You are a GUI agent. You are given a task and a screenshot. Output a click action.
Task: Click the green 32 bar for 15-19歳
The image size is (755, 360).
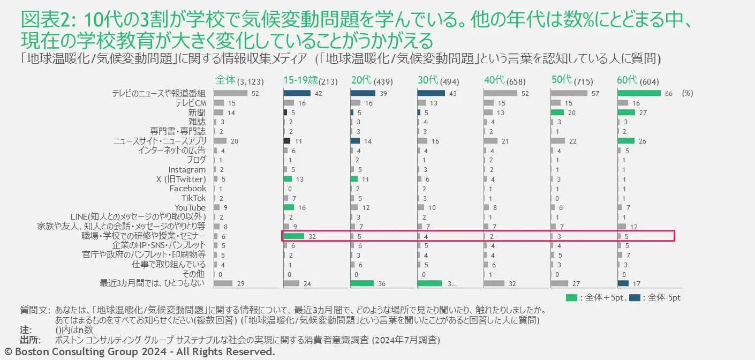293,236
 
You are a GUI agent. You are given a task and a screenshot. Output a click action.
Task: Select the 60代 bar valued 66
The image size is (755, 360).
639,93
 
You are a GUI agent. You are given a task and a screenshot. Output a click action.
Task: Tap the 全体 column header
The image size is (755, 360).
225,80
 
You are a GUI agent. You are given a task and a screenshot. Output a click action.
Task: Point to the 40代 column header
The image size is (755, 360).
494,80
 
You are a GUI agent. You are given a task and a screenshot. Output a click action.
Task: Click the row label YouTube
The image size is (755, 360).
190,207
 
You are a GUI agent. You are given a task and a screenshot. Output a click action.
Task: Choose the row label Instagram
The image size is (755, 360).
187,169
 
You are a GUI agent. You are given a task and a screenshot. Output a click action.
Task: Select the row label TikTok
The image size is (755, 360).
193,198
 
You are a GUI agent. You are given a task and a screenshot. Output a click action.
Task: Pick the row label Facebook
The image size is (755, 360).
187,189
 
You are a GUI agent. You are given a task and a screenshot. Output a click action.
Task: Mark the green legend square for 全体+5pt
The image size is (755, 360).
571,297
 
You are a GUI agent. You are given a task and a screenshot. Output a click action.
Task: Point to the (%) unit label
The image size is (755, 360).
688,93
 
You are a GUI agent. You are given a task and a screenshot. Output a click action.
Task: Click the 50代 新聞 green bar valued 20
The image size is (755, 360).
557,112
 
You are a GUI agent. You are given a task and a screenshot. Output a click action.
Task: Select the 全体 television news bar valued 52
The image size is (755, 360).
230,93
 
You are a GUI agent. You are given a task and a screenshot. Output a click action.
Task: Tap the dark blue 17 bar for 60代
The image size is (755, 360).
623,283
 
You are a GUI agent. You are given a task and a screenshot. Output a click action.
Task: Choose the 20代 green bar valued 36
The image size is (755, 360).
362,283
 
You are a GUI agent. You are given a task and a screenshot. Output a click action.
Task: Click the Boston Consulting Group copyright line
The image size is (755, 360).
139,352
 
